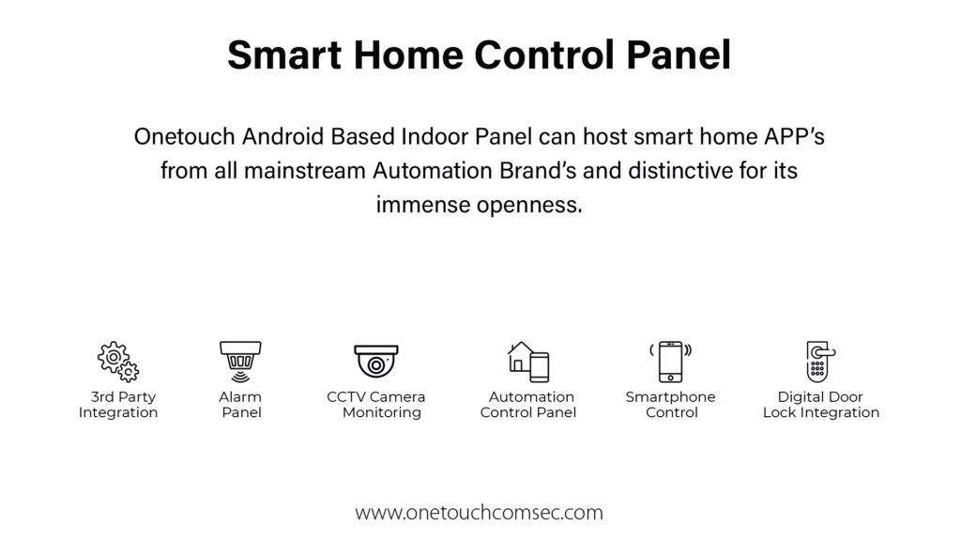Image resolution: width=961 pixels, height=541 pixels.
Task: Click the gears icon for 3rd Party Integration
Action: point(117,362)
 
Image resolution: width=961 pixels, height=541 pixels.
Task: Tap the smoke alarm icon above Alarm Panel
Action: point(240,362)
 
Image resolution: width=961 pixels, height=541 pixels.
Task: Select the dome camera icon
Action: point(375,362)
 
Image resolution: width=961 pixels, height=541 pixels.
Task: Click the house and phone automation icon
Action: point(528,362)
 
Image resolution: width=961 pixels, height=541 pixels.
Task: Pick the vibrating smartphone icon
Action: point(670,362)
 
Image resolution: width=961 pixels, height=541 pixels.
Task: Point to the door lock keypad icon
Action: point(820,362)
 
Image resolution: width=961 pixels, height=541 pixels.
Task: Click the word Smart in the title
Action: point(284,54)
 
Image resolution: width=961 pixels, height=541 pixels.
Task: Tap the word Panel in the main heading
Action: point(679,54)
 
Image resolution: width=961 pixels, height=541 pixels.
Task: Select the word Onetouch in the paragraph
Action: point(185,136)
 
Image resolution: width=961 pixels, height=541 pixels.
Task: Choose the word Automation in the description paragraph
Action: point(433,170)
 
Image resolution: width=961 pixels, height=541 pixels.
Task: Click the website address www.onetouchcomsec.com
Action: point(480,512)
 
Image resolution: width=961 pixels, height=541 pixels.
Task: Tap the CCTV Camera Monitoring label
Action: point(375,405)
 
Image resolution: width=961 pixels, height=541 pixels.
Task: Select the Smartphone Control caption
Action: point(670,405)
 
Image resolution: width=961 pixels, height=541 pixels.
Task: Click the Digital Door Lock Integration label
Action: point(820,405)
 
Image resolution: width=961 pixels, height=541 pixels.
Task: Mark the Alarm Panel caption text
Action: point(240,405)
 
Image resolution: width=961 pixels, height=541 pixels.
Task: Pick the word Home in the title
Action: point(408,54)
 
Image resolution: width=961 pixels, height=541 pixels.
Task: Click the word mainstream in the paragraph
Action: point(305,170)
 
